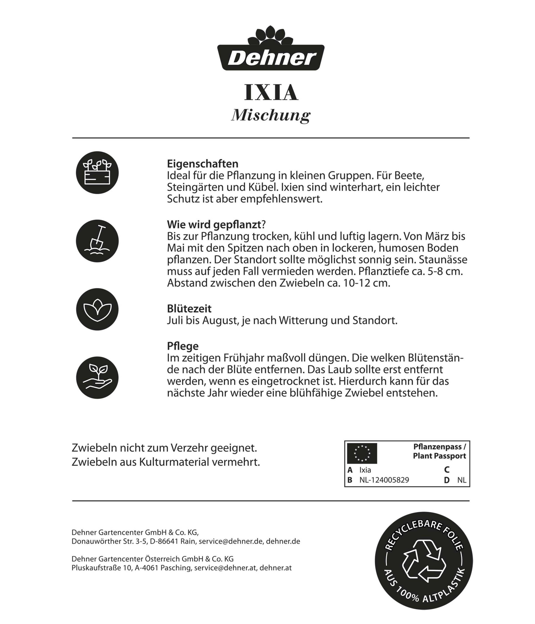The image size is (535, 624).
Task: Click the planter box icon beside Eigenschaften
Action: point(97,173)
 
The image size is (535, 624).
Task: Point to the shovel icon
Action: point(97,241)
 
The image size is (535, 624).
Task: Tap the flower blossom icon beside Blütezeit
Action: point(97,309)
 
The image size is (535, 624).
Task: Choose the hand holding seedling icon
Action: point(97,378)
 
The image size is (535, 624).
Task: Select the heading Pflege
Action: point(183,346)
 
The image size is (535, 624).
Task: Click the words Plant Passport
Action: point(439,456)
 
